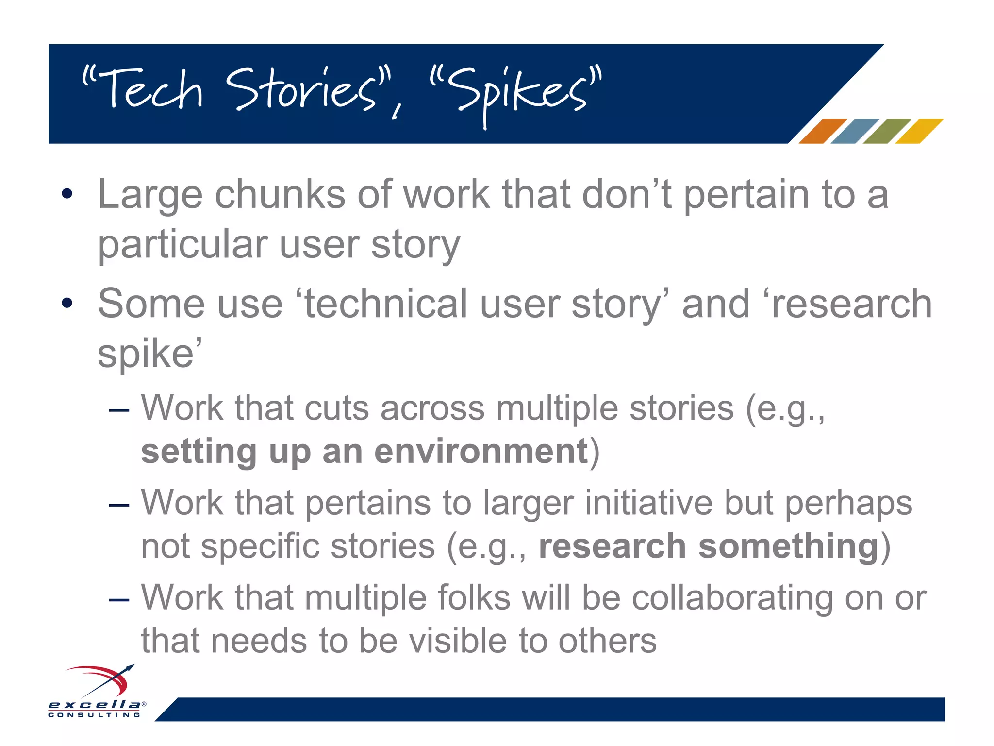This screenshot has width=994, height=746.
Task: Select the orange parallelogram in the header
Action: pyautogui.click(x=822, y=131)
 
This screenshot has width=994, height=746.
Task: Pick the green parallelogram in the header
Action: pyautogui.click(x=887, y=131)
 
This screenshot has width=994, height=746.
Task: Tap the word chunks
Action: pyautogui.click(x=280, y=194)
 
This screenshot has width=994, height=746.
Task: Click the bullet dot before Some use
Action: pyautogui.click(x=67, y=304)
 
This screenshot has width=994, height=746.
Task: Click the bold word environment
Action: pyautogui.click(x=481, y=452)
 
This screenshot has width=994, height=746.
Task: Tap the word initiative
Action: pyautogui.click(x=648, y=503)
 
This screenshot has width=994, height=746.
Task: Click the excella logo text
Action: pyautogui.click(x=95, y=704)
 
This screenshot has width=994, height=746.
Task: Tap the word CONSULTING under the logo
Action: pyautogui.click(x=95, y=715)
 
